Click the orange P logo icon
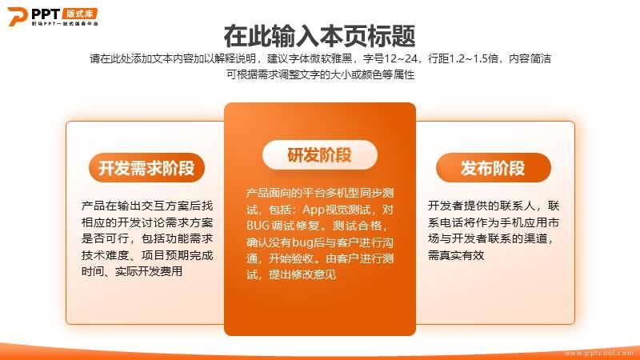coord(17,16)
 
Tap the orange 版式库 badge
coord(79,14)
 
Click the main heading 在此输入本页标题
coord(319,36)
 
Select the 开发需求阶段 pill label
coord(146,168)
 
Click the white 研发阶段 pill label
coord(319,155)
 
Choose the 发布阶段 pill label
coord(493,168)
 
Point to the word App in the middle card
coord(314,210)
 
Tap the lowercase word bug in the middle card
coord(302,243)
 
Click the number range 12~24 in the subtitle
coord(401,58)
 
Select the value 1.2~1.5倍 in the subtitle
coord(474,58)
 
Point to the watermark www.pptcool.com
coord(599,353)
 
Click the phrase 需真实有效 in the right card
coord(456,255)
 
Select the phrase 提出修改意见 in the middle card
coord(302,274)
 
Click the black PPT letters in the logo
coord(46,14)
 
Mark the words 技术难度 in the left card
coord(106,255)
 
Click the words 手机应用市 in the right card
coord(530,222)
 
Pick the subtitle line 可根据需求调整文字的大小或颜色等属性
coord(321,74)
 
